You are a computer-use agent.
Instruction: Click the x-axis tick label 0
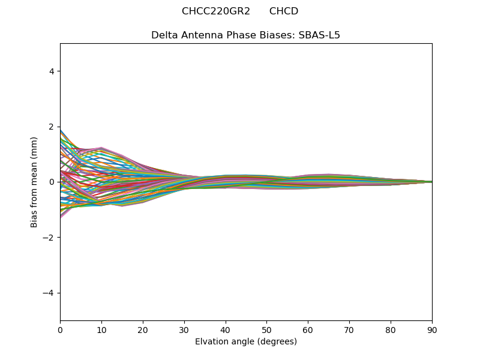point(60,329)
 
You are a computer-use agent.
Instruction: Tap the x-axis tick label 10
point(101,329)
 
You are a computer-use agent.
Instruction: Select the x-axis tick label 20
point(143,329)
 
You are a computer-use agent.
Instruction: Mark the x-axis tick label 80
point(391,329)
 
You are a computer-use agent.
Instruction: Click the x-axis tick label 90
point(432,329)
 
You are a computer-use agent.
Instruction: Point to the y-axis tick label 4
point(52,71)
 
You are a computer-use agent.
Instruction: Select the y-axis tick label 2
point(52,127)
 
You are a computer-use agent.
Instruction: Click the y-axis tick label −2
point(49,238)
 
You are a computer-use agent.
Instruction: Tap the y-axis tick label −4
point(49,293)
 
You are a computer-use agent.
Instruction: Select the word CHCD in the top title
point(284,11)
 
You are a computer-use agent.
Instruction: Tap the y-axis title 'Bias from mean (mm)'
point(34,182)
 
